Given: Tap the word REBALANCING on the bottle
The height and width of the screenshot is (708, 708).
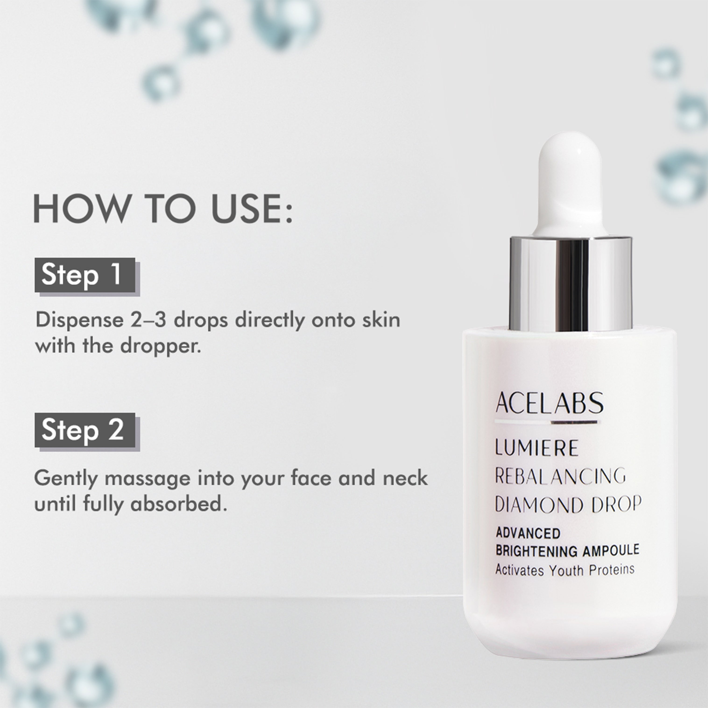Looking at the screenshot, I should click(560, 476).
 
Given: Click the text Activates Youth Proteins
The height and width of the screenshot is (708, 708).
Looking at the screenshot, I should click(565, 570).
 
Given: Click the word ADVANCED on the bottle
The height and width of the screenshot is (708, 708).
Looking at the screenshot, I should click(528, 533).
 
